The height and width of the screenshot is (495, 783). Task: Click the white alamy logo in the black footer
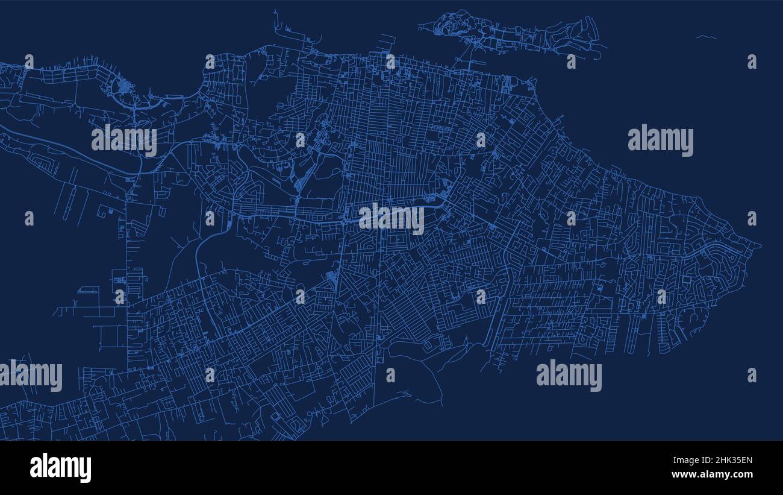[60, 468]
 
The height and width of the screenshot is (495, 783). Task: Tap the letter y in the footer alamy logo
[86, 470]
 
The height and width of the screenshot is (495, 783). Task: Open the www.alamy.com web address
[712, 475]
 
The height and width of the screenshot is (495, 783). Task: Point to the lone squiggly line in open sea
[706, 37]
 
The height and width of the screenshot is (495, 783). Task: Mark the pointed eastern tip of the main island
[760, 245]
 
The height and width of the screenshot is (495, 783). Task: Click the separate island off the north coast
[512, 33]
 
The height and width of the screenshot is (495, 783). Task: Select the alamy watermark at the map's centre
[391, 219]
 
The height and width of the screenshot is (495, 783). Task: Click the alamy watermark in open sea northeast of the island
[660, 140]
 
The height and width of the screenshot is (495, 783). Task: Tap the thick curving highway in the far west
[66, 151]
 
